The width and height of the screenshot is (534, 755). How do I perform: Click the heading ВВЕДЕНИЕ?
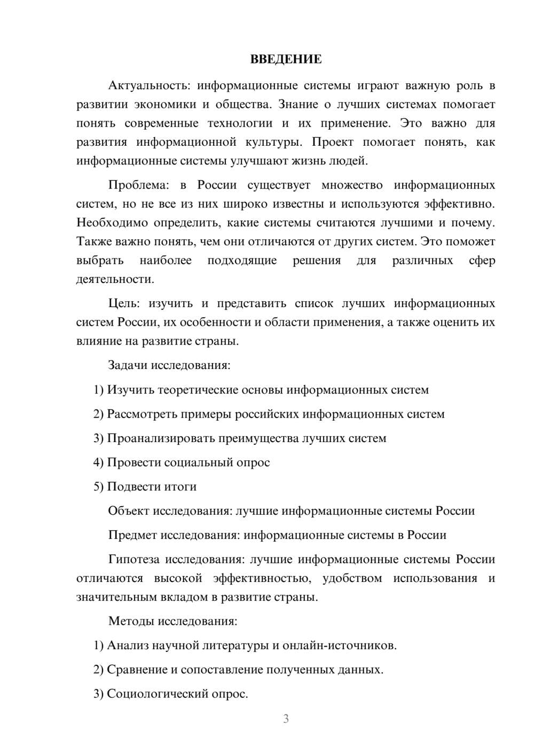(286, 59)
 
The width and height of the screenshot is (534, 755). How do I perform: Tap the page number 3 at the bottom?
(286, 719)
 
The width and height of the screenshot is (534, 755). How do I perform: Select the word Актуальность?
(147, 85)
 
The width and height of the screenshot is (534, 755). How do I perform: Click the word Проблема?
(138, 185)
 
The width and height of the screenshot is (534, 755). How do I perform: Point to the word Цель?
(124, 303)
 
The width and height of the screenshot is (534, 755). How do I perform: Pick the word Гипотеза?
(133, 560)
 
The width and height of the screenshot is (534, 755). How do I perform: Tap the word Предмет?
(132, 535)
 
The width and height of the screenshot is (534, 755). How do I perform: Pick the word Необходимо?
(112, 223)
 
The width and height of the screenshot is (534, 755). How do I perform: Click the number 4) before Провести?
(99, 462)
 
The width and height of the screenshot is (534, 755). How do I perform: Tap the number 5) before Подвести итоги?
(99, 487)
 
